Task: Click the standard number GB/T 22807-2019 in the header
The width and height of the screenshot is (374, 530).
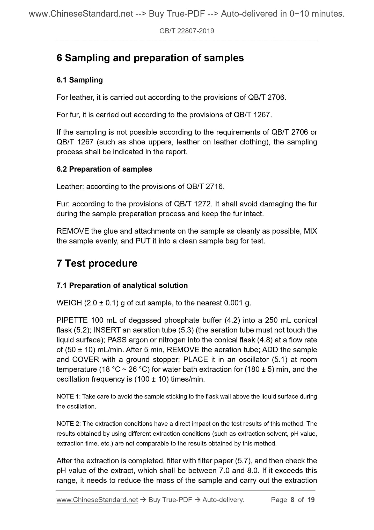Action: tap(187, 31)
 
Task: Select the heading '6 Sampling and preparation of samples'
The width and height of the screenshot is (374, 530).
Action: tap(150, 58)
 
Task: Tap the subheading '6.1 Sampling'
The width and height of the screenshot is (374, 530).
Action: tap(79, 80)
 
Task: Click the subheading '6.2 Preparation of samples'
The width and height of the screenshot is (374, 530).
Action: tap(104, 169)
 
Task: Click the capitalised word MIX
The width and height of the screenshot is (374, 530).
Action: tap(310, 231)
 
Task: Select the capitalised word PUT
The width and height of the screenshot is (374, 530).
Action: tap(142, 241)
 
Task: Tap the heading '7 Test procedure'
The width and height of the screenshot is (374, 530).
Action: tap(97, 263)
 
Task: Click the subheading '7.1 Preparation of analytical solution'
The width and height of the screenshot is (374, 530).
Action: tap(122, 285)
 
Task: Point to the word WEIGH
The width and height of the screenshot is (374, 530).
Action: tap(69, 303)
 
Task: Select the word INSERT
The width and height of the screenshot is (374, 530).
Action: tap(106, 330)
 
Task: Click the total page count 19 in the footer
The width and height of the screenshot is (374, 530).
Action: tap(311, 500)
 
